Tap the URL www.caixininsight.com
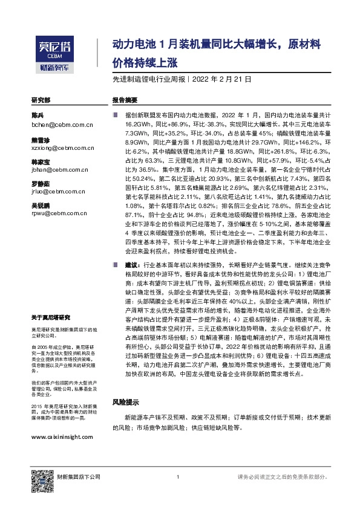pyautogui.click(x=62, y=436)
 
